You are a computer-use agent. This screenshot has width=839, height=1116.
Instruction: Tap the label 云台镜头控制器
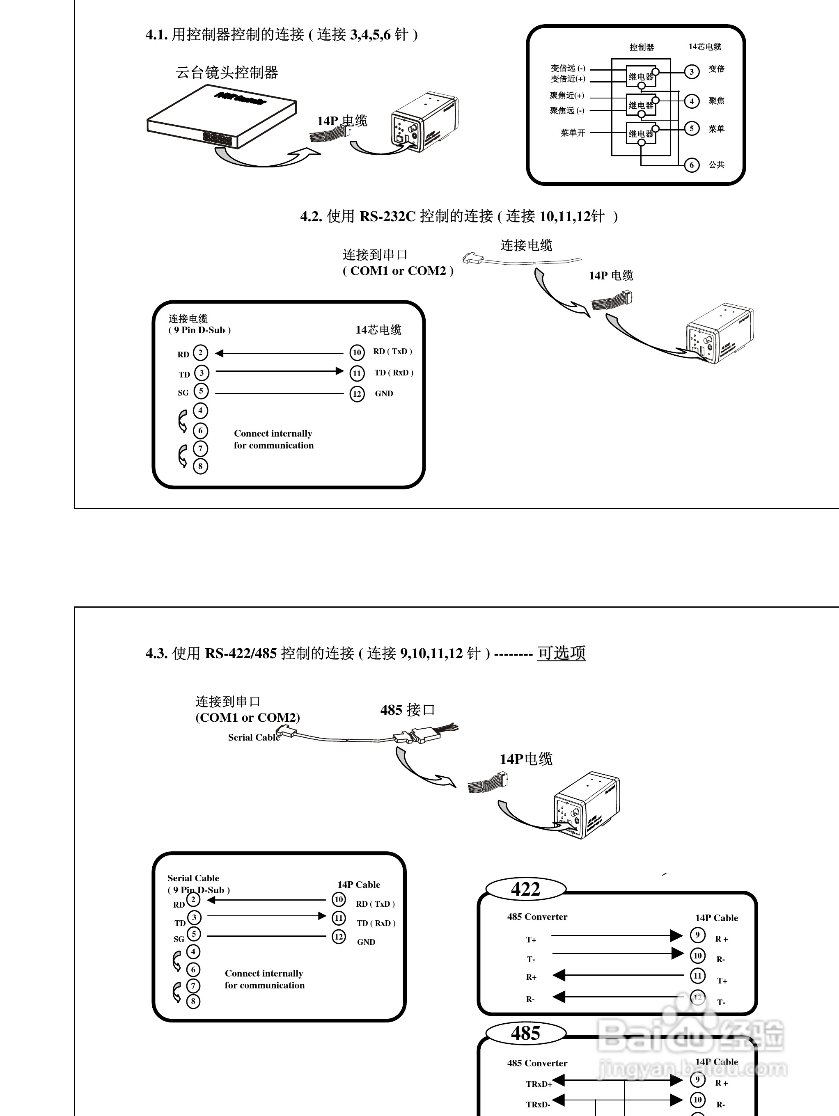(x=227, y=73)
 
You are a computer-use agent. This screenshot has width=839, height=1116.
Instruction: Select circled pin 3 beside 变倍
(x=692, y=72)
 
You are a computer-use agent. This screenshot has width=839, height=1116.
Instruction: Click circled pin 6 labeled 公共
(x=692, y=165)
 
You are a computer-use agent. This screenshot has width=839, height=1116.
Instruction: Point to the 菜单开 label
(x=573, y=133)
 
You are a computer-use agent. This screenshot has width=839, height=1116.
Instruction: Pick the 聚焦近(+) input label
(x=567, y=95)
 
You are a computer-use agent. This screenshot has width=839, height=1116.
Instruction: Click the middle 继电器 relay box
(x=641, y=105)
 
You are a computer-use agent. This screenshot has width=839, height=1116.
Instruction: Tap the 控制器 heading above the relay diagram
(x=642, y=48)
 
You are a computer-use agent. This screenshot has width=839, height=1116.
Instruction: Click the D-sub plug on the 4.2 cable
(x=473, y=258)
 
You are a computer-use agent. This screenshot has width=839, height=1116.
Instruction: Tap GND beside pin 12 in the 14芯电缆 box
(x=384, y=393)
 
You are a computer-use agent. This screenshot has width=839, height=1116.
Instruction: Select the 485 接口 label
(x=407, y=710)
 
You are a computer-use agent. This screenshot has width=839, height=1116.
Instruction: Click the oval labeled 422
(x=525, y=889)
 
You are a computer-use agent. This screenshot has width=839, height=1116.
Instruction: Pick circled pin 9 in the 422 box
(x=697, y=935)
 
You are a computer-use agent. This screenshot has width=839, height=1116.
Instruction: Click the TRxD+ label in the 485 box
(x=539, y=1084)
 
